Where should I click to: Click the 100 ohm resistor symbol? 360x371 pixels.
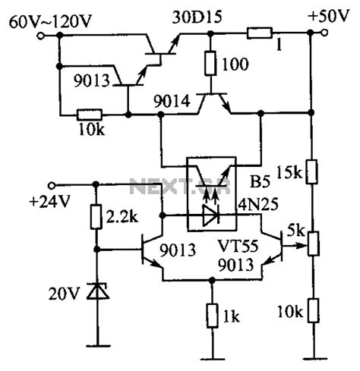pyautogui.click(x=209, y=65)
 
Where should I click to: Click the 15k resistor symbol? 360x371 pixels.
pyautogui.click(x=311, y=174)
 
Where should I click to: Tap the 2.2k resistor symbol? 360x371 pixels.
pyautogui.click(x=96, y=218)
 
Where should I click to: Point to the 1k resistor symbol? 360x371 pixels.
pyautogui.click(x=213, y=313)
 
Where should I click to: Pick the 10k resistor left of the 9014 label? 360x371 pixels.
pyautogui.click(x=90, y=115)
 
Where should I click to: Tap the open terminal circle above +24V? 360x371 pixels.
pyautogui.click(x=51, y=184)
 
